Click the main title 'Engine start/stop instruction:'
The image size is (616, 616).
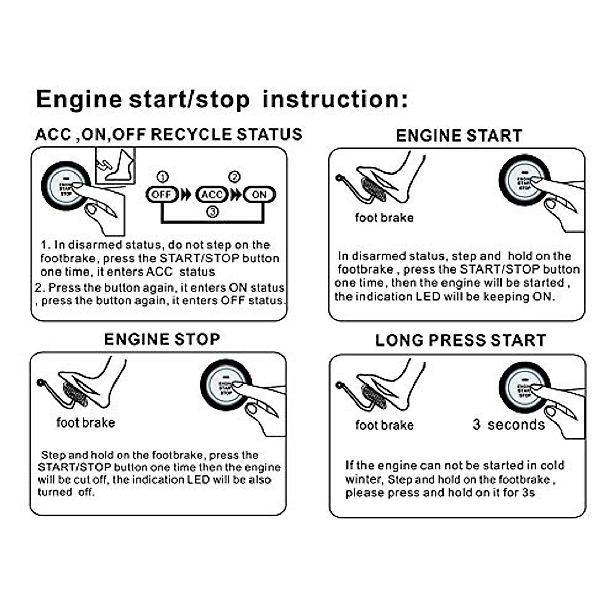pyautogui.click(x=222, y=99)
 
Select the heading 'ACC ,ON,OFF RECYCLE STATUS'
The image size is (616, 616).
pyautogui.click(x=168, y=134)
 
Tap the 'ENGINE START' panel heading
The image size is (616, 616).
pyautogui.click(x=459, y=136)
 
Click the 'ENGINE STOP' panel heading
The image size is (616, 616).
pyautogui.click(x=162, y=339)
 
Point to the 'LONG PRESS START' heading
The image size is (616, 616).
pyautogui.click(x=460, y=340)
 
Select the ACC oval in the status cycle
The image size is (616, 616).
pyautogui.click(x=211, y=195)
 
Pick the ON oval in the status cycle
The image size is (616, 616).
pyautogui.click(x=259, y=195)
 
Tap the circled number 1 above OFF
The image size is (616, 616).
pyautogui.click(x=162, y=177)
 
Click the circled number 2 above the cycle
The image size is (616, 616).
pyautogui.click(x=234, y=177)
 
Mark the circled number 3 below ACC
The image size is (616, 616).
pyautogui.click(x=212, y=211)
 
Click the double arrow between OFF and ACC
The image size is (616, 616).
pyautogui.click(x=186, y=195)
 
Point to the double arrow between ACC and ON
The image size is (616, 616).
pyautogui.click(x=236, y=195)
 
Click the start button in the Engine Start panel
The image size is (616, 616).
pyautogui.click(x=524, y=180)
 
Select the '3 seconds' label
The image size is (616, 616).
pyautogui.click(x=509, y=425)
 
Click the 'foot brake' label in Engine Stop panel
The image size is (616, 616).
pyautogui.click(x=86, y=422)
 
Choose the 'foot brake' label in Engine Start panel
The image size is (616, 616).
pyautogui.click(x=384, y=218)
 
